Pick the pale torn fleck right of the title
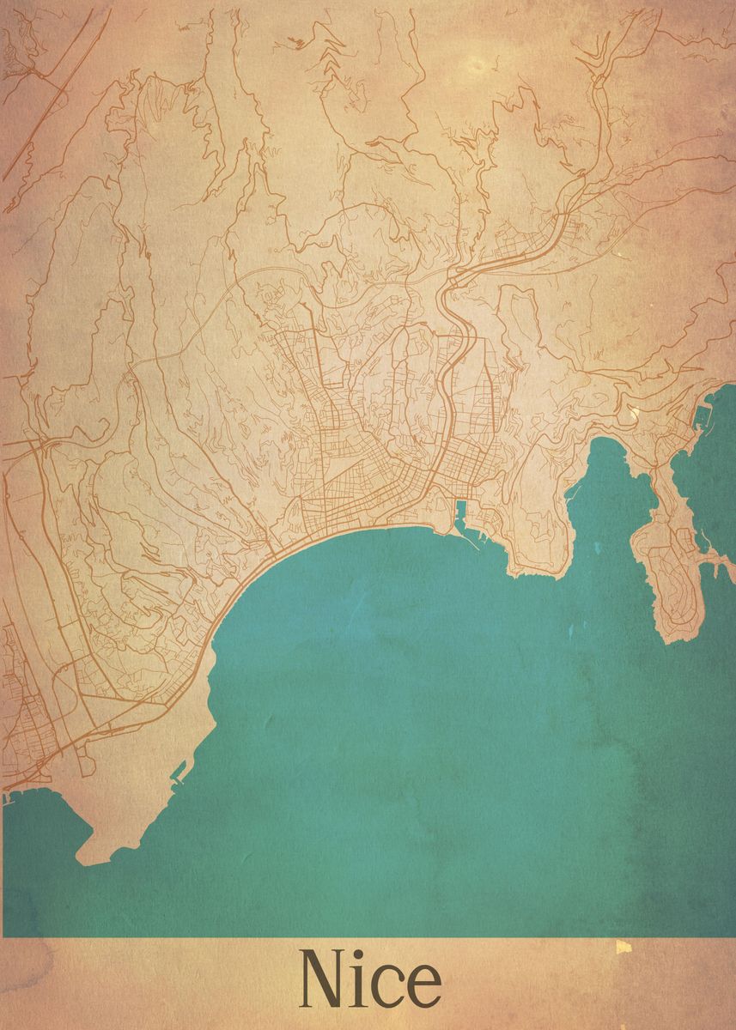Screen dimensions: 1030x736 pyautogui.click(x=623, y=947)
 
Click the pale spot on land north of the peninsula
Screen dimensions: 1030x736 pyautogui.click(x=635, y=415)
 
